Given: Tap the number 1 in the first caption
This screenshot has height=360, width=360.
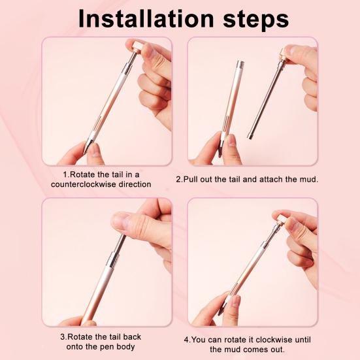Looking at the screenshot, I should tap(65, 175).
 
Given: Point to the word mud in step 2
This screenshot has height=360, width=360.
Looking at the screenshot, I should tap(306, 178).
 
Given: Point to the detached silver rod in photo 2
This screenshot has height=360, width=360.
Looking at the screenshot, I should tap(268, 98).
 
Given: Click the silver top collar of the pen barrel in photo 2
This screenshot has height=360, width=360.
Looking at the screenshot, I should tap(240, 65).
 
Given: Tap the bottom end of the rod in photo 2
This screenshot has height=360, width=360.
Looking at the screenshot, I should tap(251, 135).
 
